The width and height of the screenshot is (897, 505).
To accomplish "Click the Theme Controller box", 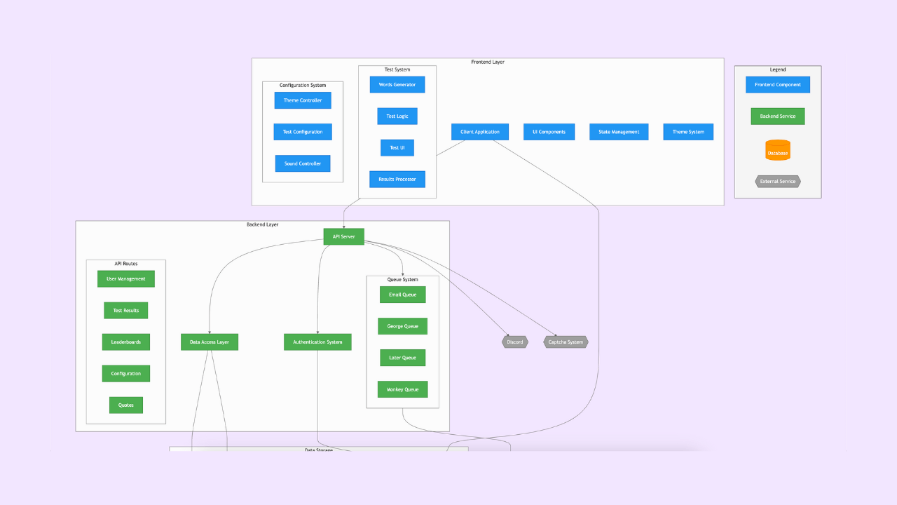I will [303, 100].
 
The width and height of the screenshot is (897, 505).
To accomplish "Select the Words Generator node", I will [397, 85].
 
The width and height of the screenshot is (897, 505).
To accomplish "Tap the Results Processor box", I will [397, 180].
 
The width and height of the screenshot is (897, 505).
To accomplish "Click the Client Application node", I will [480, 132].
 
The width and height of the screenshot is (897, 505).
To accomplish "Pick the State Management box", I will [619, 132].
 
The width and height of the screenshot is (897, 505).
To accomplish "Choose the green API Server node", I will [343, 237].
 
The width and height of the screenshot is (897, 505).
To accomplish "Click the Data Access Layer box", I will [210, 342].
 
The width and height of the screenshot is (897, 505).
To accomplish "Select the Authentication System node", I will [317, 342].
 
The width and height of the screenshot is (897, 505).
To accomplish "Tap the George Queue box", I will [403, 326].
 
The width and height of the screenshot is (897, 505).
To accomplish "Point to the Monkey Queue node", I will [403, 389].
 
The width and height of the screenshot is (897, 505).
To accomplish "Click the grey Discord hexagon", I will [515, 342].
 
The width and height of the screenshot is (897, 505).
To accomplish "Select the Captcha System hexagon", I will [566, 342].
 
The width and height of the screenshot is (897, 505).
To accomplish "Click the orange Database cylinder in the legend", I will [778, 151].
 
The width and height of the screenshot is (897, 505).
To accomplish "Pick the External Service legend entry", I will [778, 182].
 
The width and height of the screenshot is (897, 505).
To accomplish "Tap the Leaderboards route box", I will [126, 342].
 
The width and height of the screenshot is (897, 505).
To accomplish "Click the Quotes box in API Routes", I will [126, 405].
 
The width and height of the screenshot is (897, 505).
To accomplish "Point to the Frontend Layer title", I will [488, 62].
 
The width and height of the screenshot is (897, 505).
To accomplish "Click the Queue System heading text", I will [403, 280].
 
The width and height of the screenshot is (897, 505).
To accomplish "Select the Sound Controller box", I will [303, 163].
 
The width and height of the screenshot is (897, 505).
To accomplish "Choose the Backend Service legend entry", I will [778, 116].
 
